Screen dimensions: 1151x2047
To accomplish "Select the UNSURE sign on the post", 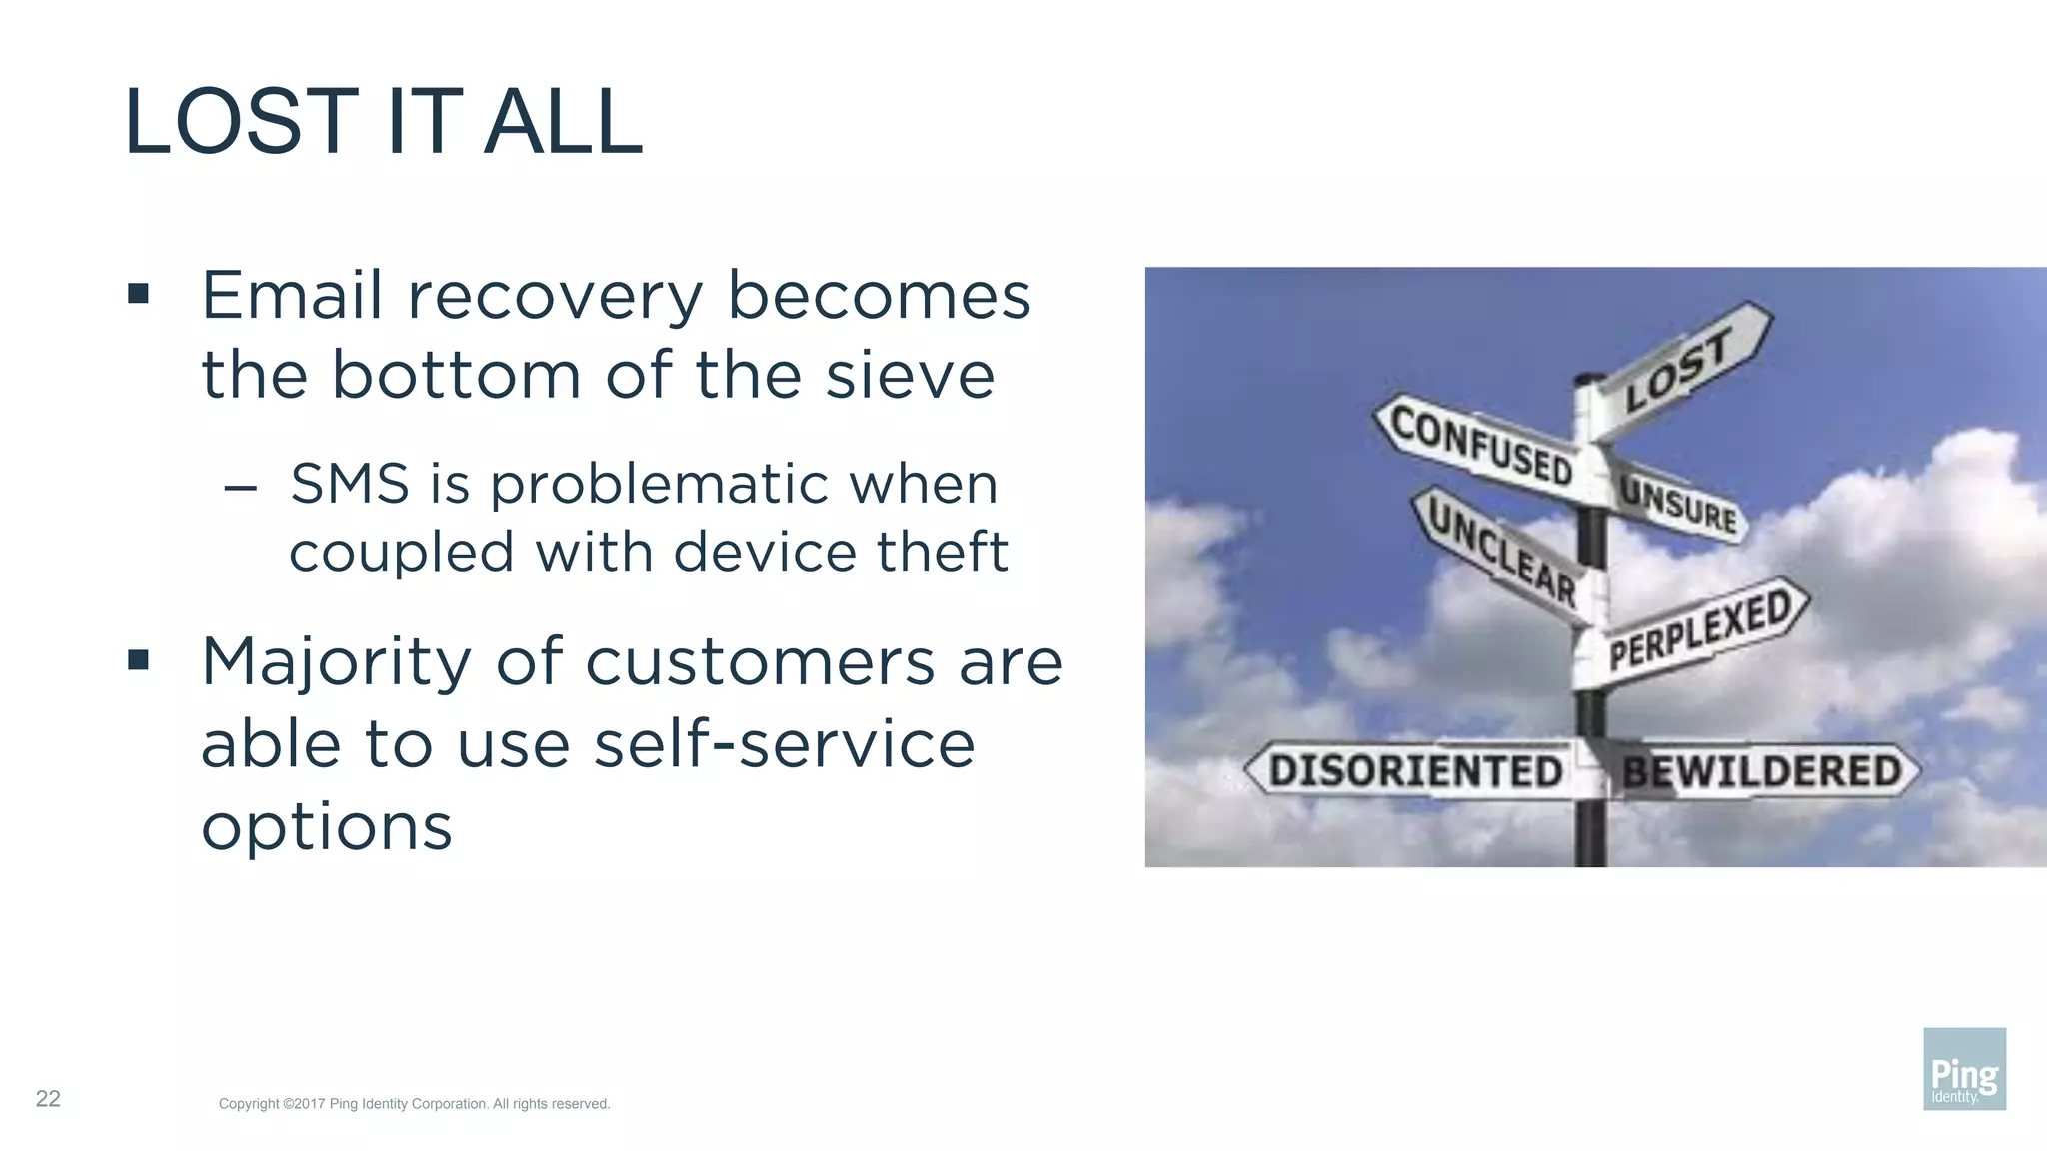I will pos(1679,506).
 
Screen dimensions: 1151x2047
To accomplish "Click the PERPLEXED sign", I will pos(1699,629).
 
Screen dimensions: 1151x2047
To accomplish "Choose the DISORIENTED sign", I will pos(1413,771).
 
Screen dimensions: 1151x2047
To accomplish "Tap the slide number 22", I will pos(48,1099).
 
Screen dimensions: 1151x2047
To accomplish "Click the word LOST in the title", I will pos(241,122).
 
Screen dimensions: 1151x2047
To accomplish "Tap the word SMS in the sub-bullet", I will pos(350,484).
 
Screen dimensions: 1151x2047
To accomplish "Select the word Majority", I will pos(336,663).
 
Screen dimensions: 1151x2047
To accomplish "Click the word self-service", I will pos(784,744).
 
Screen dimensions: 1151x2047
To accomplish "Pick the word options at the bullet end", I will pos(327,827).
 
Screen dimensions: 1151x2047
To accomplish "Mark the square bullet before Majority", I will pos(139,660).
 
